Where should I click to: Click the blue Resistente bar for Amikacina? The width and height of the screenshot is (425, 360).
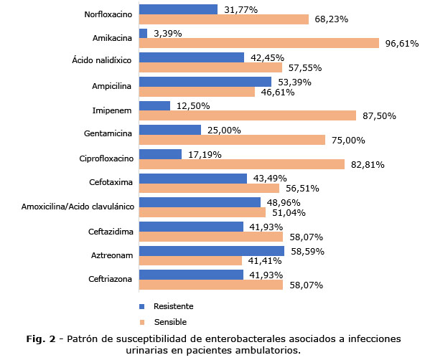(x=143, y=33)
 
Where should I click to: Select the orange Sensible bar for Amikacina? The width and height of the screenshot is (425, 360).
(x=259, y=43)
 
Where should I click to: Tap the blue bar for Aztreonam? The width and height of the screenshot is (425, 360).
(x=212, y=251)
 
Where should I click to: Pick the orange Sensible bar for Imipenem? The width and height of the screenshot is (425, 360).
(x=248, y=115)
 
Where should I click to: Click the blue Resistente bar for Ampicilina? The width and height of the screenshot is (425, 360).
(x=205, y=82)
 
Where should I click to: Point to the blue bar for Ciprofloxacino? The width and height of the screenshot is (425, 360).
(x=161, y=154)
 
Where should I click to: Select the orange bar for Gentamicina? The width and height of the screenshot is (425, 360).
(x=233, y=140)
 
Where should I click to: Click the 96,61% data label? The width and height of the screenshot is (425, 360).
(x=402, y=43)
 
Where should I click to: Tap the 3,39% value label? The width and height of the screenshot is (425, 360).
(x=168, y=34)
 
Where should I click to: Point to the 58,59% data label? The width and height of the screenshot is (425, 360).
(x=308, y=252)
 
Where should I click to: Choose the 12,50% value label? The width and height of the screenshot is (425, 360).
(x=193, y=106)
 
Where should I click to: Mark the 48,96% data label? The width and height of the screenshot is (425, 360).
(x=284, y=203)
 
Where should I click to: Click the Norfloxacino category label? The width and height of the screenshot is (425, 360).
(x=108, y=14)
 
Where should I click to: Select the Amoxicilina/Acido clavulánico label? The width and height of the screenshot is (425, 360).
(x=78, y=207)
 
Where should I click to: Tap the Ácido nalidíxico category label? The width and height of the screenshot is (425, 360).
(x=102, y=60)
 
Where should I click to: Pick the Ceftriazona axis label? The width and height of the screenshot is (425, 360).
(x=110, y=279)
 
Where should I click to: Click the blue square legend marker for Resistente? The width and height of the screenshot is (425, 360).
(x=141, y=306)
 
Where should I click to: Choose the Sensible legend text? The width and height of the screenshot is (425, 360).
(x=170, y=322)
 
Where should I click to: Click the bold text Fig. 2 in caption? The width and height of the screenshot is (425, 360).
(x=41, y=339)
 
